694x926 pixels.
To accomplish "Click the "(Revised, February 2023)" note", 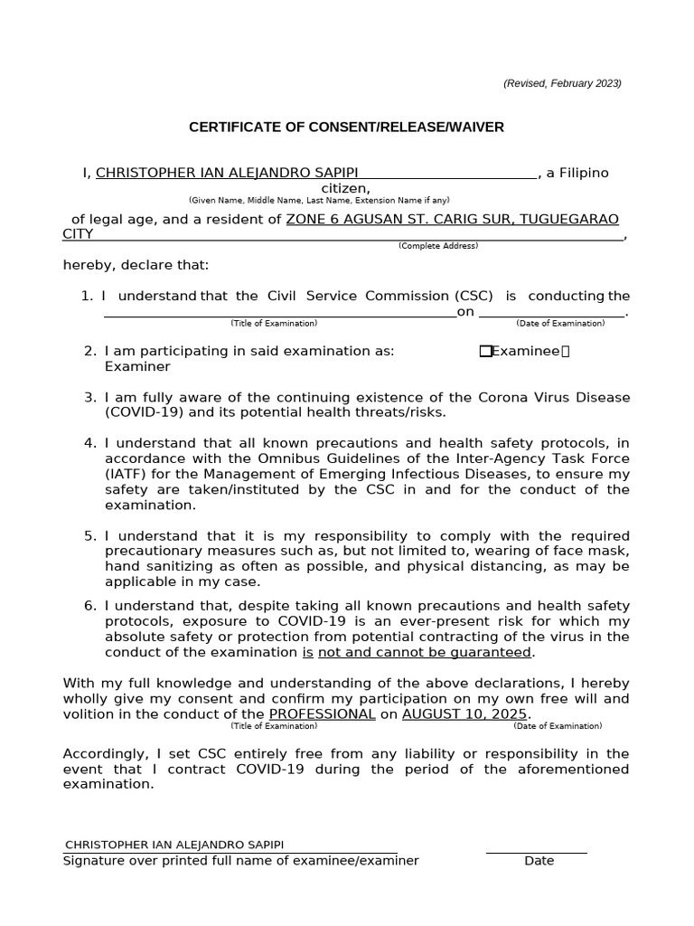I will tap(562, 83).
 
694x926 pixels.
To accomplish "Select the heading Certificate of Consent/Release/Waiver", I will tap(346, 128).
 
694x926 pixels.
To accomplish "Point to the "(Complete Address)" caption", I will tap(438, 246).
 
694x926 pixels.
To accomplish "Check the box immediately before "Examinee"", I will tap(485, 352).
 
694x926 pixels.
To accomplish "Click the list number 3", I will tap(89, 398).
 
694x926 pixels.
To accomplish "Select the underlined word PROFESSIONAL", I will tap(322, 713).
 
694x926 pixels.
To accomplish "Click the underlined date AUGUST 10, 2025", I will tap(464, 713).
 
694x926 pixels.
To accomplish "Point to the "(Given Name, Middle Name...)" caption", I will tap(318, 200).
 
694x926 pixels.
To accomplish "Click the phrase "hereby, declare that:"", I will tap(136, 265).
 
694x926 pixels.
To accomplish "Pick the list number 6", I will tap(89, 606).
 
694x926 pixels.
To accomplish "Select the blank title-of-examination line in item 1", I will tap(280, 312).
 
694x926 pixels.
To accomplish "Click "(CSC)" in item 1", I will tap(474, 296).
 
